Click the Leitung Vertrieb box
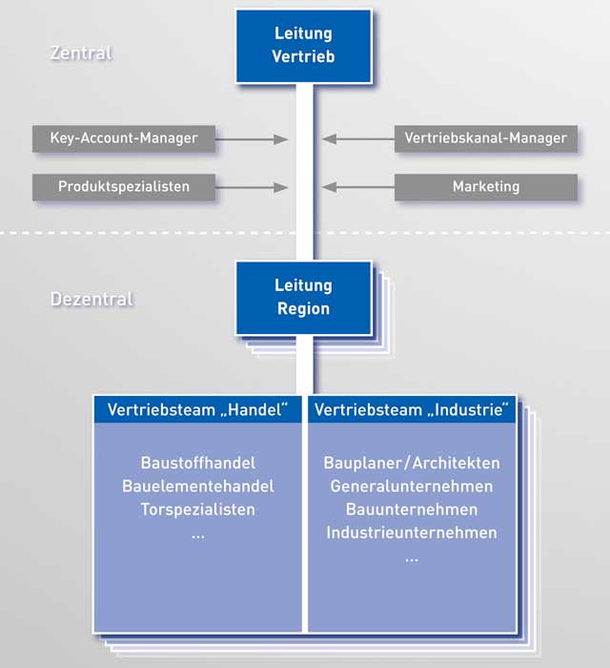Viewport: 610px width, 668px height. point(304,46)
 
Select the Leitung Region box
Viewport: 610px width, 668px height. point(304,298)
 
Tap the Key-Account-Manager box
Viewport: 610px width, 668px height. point(124,138)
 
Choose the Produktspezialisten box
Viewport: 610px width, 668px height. point(124,187)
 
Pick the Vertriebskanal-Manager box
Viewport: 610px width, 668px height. point(486,138)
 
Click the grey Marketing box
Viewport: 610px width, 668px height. point(486,187)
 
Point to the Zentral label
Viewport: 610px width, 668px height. point(81,52)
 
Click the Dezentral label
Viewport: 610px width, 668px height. point(91,299)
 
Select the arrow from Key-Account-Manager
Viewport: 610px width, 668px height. point(252,139)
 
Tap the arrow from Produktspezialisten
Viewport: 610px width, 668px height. point(252,187)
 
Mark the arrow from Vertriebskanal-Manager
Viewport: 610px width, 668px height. point(358,139)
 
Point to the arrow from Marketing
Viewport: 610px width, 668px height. point(358,187)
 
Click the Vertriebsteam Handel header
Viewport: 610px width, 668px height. point(198,409)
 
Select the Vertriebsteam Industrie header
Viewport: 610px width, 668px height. point(412,409)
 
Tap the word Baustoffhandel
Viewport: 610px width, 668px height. point(198,463)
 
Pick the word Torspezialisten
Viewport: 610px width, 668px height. point(198,510)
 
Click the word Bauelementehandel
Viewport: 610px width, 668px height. point(198,487)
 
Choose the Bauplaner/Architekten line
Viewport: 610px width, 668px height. point(412,463)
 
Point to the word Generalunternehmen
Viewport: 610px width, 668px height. point(412,487)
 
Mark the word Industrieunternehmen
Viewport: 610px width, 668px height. point(412,532)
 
